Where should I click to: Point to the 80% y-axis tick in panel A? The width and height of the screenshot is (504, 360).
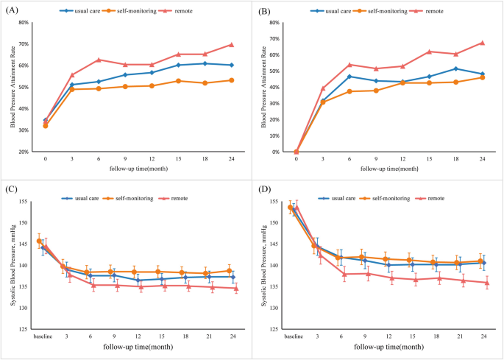[24, 23]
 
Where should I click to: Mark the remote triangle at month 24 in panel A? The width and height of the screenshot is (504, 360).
[231, 45]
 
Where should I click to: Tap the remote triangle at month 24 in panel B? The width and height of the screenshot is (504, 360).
[482, 43]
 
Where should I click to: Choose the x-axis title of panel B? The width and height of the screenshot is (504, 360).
[389, 169]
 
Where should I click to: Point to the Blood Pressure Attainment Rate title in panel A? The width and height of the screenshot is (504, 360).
[13, 87]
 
